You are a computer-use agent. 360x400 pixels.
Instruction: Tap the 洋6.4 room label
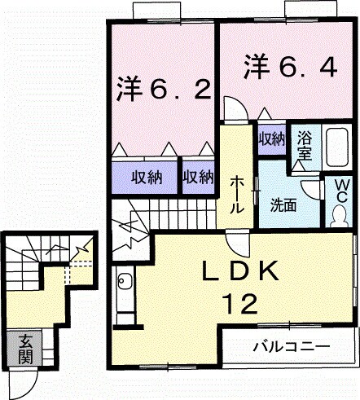289,67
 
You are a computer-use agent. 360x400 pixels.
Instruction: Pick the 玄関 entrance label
25,349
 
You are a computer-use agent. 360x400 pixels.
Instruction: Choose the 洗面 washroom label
283,204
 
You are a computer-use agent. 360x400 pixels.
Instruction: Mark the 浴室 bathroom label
305,144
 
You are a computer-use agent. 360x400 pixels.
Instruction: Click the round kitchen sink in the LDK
124,283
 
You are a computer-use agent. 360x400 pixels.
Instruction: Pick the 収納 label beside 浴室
271,138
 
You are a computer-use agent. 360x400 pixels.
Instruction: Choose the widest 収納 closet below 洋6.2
143,177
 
